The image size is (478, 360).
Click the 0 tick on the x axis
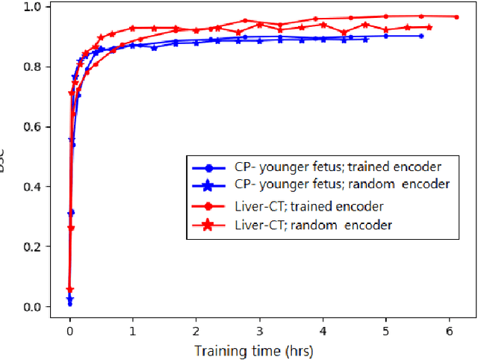click(x=69, y=329)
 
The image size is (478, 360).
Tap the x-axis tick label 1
click(x=132, y=329)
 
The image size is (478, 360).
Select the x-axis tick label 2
click(x=196, y=329)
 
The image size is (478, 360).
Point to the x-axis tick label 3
click(x=259, y=329)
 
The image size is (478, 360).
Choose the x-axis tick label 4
click(x=322, y=329)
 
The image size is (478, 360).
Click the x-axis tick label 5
click(x=385, y=329)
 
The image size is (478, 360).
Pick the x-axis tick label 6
click(x=449, y=329)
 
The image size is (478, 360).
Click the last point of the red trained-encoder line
click(x=456, y=16)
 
